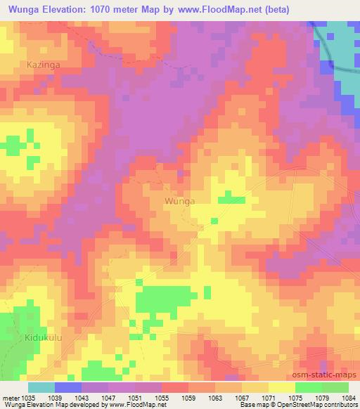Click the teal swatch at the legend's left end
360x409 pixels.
(41, 387)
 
